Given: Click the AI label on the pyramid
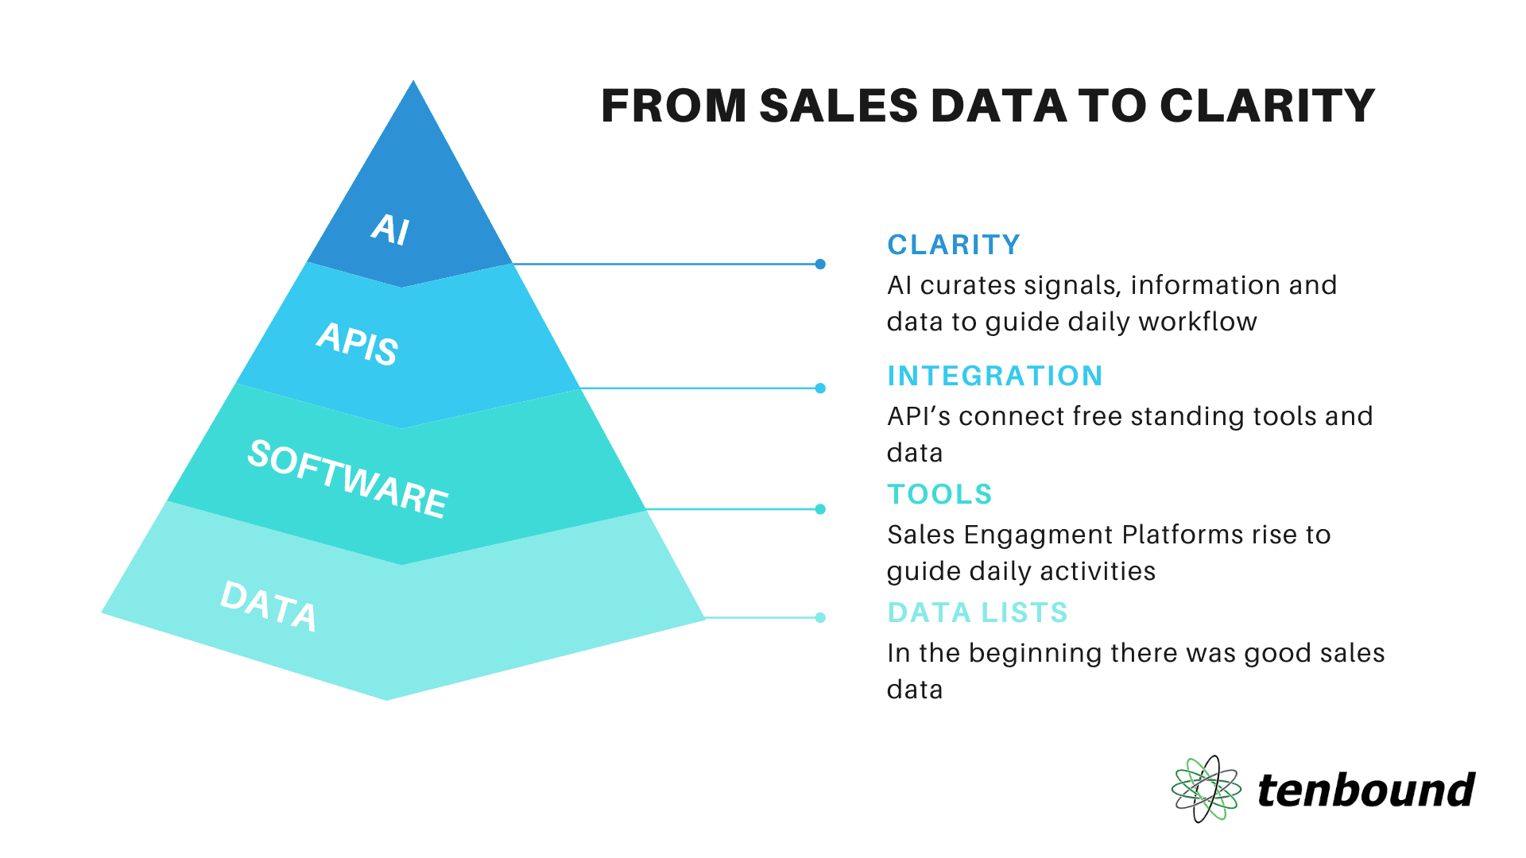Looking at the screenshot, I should (390, 230).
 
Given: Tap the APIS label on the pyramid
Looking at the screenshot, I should (358, 344).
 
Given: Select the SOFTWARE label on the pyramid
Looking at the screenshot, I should (348, 479).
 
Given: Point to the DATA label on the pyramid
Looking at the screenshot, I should (269, 606).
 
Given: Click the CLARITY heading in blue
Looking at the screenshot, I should (954, 245).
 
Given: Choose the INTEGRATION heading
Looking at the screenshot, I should (995, 376).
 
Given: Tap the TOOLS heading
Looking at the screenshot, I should (939, 494).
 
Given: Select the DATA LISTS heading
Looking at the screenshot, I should (978, 613).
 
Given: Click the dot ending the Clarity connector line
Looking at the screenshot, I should (820, 264).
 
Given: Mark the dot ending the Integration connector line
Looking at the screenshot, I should (820, 388).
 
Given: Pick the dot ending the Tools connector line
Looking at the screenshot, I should (820, 509).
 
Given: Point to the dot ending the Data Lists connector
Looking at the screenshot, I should (820, 617).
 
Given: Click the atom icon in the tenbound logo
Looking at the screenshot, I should (1206, 789).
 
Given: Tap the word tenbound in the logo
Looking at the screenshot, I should (1366, 790).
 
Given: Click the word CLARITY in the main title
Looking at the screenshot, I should (1267, 106).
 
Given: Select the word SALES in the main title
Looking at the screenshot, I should (839, 106).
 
